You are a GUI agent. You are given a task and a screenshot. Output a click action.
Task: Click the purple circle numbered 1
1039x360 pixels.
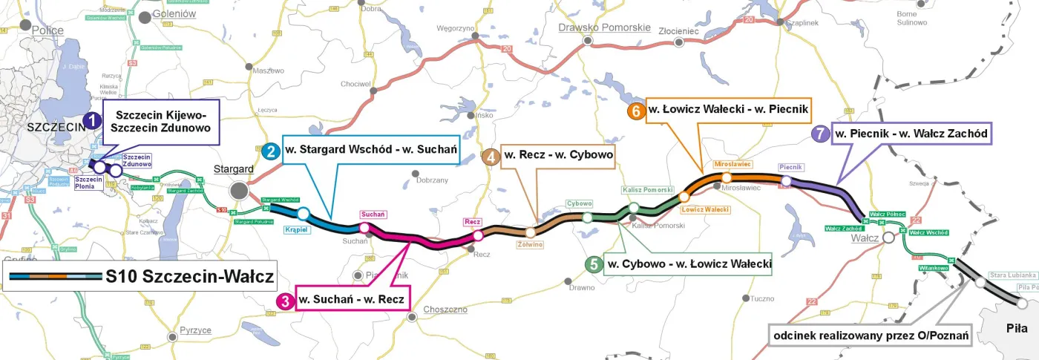click(x=91, y=120)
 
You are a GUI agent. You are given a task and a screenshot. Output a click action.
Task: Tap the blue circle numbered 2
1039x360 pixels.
click(x=272, y=151)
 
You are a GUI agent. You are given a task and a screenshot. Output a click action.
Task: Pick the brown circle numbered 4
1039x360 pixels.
click(x=491, y=157)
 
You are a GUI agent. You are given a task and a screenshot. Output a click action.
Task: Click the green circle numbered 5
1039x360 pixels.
click(x=593, y=264)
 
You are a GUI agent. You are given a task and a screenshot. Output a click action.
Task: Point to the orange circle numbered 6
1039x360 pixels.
click(x=635, y=111)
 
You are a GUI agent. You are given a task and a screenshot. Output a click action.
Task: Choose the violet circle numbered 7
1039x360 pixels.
click(x=819, y=134)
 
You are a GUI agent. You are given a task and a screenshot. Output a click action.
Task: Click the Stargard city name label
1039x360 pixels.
click(x=231, y=168)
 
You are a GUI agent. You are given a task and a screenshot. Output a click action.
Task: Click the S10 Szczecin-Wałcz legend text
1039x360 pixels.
click(x=189, y=278)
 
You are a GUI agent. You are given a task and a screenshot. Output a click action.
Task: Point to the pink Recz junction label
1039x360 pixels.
click(x=473, y=222)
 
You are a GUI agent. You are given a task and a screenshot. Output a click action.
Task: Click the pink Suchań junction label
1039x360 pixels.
click(x=373, y=214)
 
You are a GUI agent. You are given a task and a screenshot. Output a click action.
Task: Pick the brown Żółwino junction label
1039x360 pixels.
click(x=531, y=244)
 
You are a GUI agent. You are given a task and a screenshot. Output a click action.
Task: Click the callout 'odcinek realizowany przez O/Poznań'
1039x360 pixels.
click(x=871, y=336)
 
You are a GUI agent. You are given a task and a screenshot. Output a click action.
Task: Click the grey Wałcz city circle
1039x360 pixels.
click(x=889, y=238)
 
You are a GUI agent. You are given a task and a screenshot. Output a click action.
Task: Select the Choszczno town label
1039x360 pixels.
click(x=444, y=309)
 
